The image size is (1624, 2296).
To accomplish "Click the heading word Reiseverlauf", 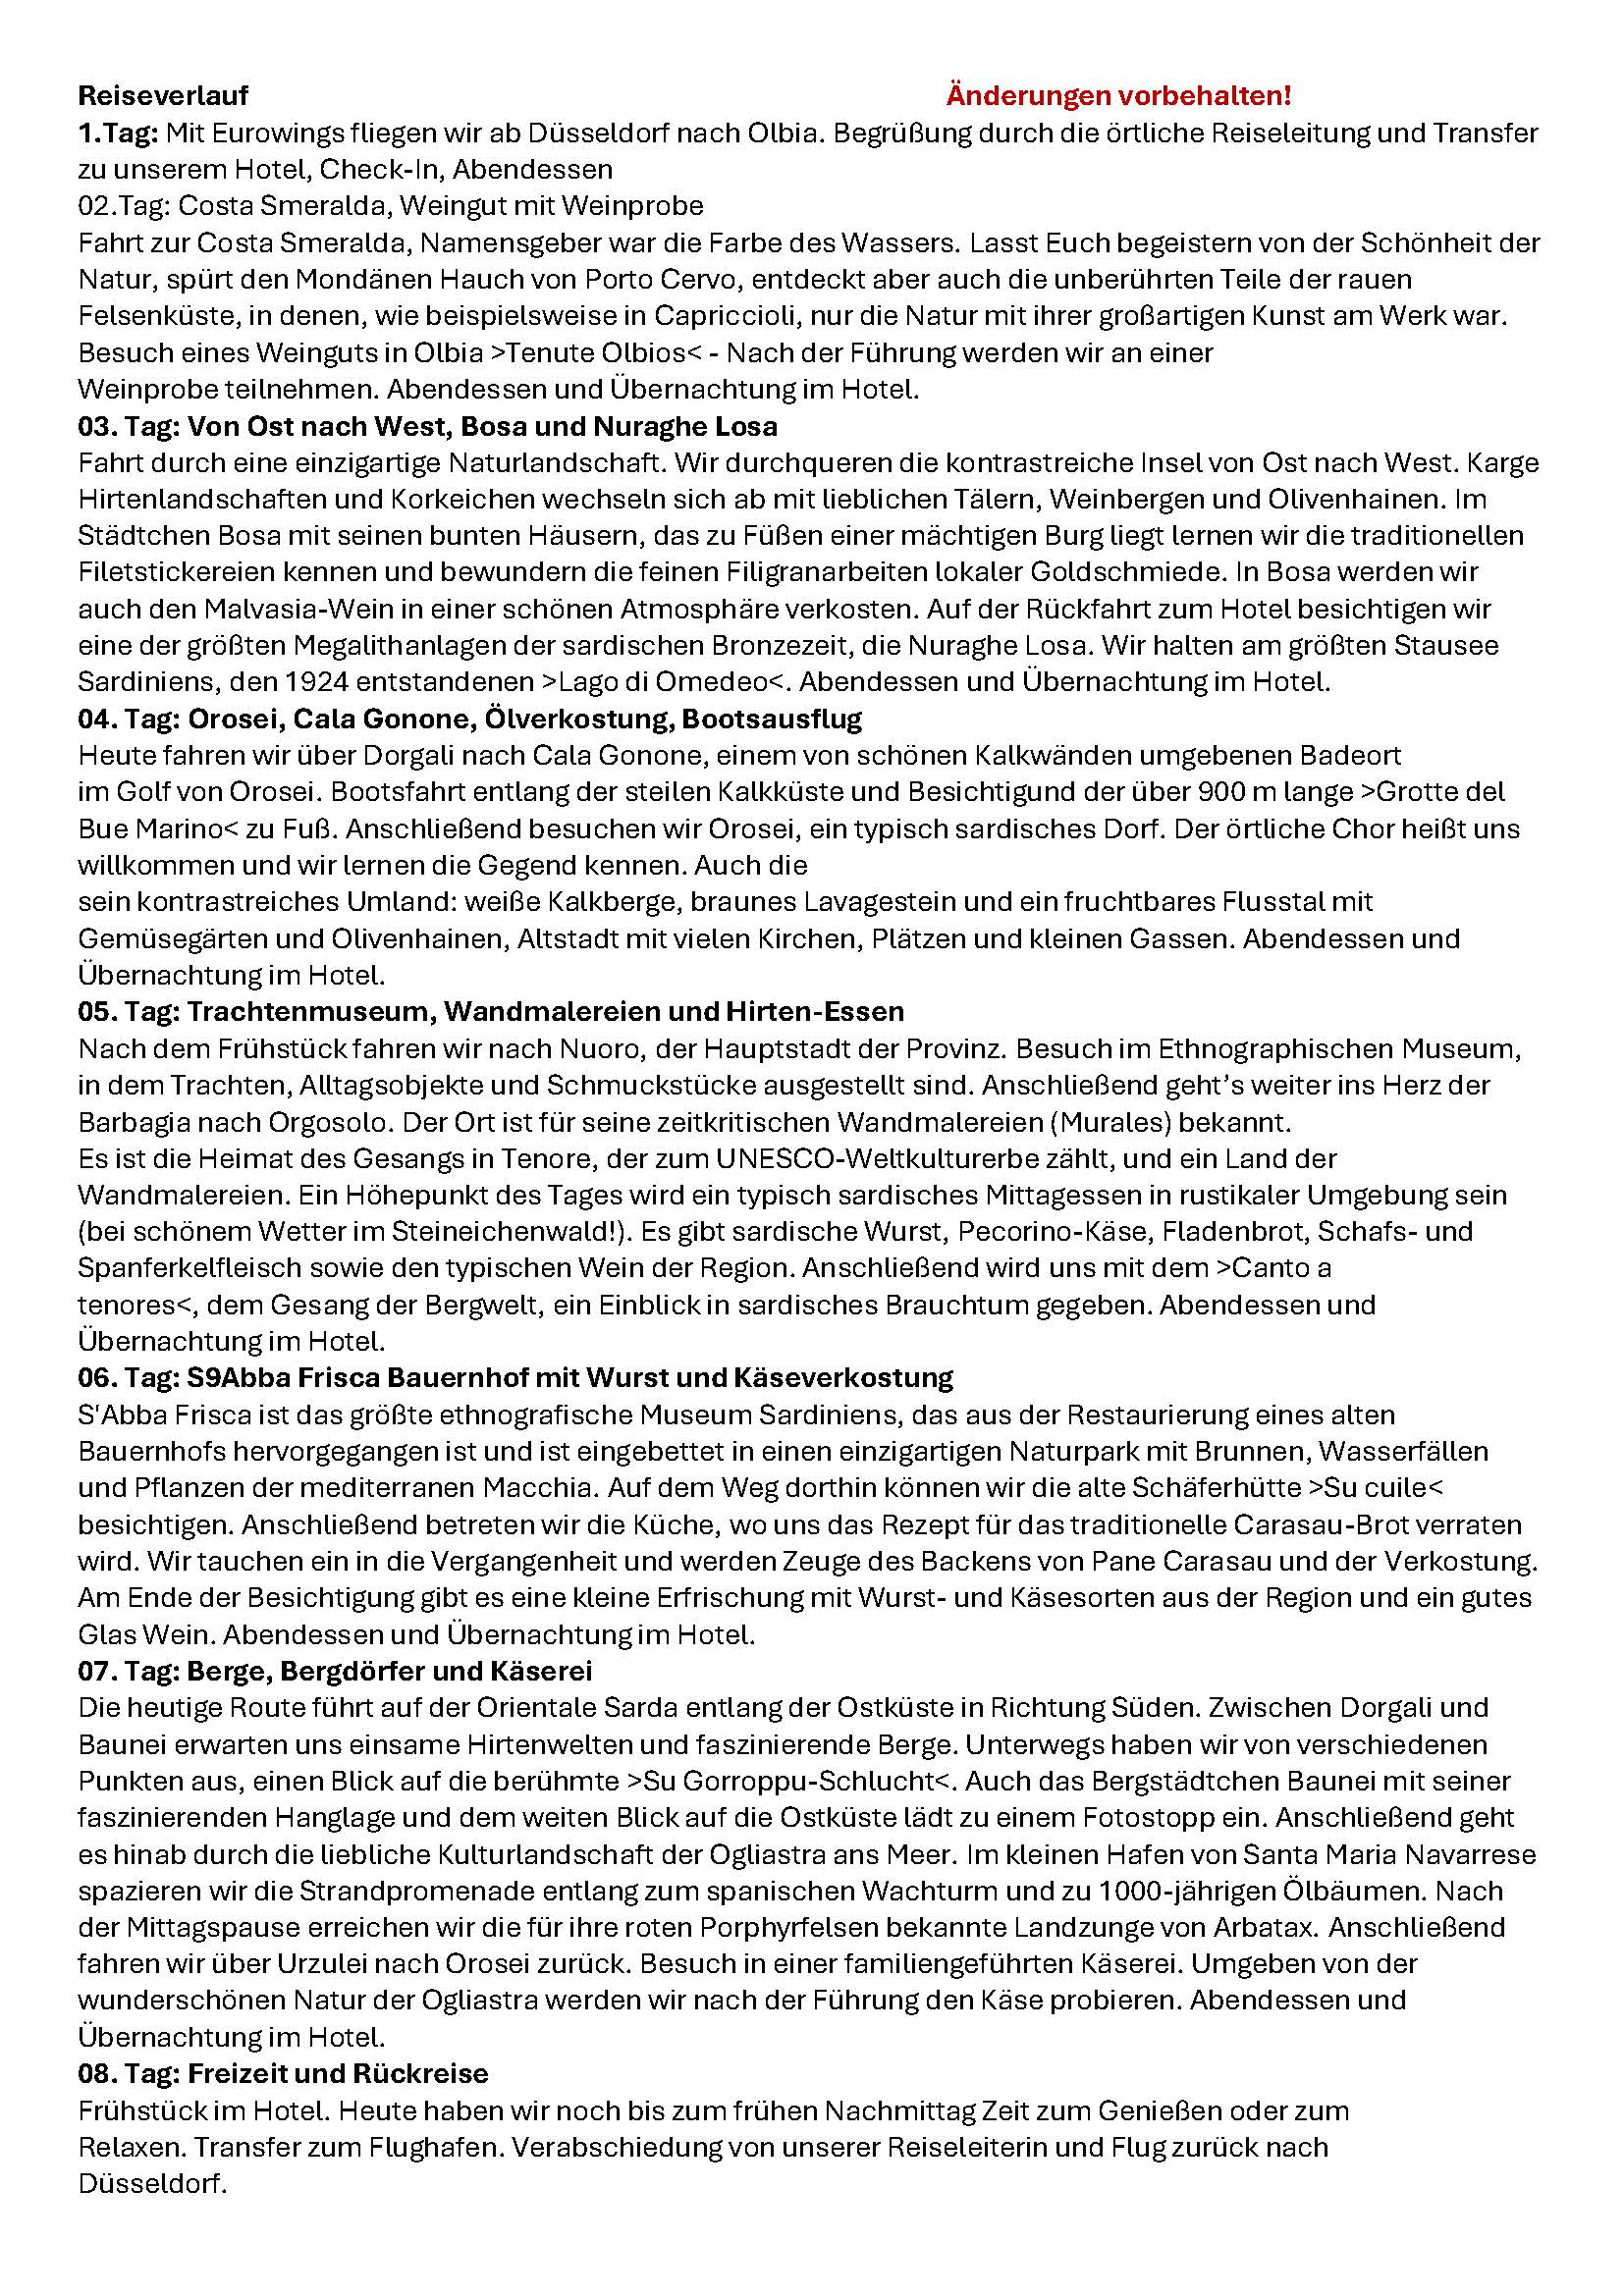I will click(x=163, y=96).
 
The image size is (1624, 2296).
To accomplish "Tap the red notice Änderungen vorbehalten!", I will click(x=1118, y=96).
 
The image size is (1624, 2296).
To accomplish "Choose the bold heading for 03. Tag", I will click(x=427, y=426).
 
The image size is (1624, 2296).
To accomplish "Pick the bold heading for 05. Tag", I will click(x=490, y=1011).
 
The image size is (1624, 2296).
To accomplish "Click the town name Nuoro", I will click(x=639, y=1048).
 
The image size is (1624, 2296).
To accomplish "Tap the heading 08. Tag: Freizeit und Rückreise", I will click(x=283, y=2072).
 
